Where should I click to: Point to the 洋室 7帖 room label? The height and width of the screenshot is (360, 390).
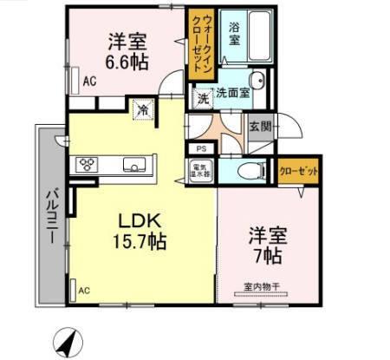(266, 245)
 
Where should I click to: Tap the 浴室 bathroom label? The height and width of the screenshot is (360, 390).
(235, 34)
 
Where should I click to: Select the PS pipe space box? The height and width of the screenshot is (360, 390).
(200, 149)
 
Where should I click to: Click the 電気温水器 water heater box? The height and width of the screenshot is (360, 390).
(198, 169)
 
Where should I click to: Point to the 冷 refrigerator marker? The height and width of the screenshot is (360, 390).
(142, 110)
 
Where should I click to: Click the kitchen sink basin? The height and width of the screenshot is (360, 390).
(134, 165)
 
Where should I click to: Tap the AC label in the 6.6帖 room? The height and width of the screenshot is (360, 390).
(88, 83)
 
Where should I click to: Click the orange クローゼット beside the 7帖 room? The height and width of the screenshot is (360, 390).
(298, 171)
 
